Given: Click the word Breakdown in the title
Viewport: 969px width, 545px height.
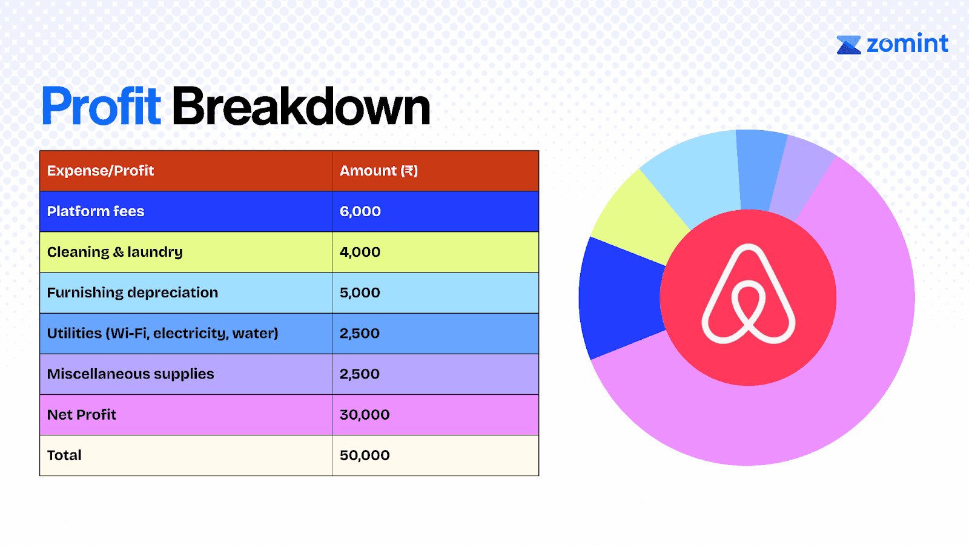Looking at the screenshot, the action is tap(302, 106).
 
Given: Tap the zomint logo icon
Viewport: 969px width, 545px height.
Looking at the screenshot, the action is tap(848, 45).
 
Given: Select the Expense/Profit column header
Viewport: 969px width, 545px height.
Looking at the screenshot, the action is tap(101, 171).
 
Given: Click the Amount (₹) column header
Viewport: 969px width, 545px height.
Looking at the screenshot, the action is tap(379, 171).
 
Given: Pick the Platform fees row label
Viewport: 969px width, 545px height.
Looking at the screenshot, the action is tap(96, 211).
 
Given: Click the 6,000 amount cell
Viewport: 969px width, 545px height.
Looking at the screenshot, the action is tap(360, 211).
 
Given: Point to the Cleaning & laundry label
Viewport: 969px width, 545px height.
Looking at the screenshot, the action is tap(114, 252).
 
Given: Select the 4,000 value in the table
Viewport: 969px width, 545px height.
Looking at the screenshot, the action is tap(360, 252).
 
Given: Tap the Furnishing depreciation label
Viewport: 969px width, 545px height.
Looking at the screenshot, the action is tap(133, 293).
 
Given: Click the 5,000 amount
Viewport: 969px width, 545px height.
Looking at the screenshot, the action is tap(360, 293).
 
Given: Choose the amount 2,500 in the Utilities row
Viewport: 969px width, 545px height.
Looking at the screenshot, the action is tap(360, 334).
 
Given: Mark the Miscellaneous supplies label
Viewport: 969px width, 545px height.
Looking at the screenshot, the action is tap(130, 374).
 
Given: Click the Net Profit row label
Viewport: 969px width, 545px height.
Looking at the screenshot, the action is tap(81, 415).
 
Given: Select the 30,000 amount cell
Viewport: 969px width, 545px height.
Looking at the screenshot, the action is tap(365, 415).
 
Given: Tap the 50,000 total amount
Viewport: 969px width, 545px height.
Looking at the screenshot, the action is tap(365, 455).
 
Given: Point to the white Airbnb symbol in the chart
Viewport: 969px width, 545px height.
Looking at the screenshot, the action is tap(749, 294).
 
